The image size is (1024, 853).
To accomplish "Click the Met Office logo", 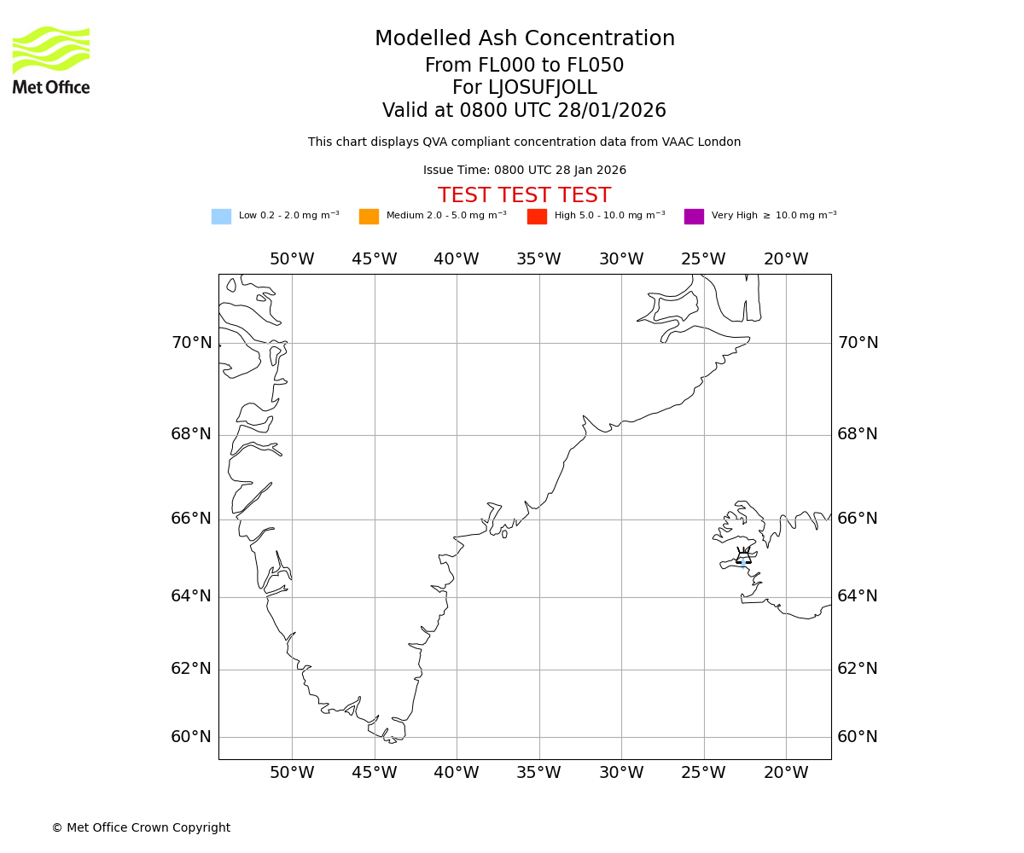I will [51, 60].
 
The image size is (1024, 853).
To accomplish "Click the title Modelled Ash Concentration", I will [524, 38].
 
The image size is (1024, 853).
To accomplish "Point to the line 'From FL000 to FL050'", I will [524, 66].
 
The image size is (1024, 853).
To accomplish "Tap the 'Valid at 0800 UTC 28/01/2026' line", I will [524, 111].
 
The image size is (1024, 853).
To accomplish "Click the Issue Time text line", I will [524, 171].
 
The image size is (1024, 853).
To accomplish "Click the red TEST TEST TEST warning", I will [524, 195].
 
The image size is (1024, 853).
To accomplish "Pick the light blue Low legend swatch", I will [221, 217].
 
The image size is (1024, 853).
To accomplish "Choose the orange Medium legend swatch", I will [369, 217].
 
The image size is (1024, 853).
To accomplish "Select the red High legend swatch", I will [537, 217].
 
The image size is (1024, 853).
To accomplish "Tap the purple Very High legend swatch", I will [694, 217].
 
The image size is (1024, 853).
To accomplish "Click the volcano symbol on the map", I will [743, 556].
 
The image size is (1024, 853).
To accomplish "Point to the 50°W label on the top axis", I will [292, 259].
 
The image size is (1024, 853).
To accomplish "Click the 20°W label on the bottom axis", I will [785, 773].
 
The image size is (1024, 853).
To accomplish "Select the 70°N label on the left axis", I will [191, 343].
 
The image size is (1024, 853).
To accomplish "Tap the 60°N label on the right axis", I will [857, 737].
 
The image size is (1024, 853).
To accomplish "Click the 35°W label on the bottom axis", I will [538, 773].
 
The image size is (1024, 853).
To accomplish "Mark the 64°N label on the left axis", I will [191, 596].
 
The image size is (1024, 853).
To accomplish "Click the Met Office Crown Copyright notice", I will [141, 827].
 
